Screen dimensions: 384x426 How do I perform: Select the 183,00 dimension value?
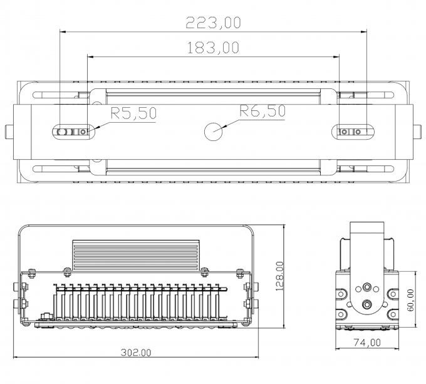point(214,47)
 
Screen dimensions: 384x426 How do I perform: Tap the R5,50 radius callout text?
point(133,113)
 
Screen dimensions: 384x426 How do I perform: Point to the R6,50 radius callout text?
point(262,112)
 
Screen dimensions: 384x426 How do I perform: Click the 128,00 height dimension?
point(280,276)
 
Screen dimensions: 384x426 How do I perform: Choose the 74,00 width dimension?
point(366,342)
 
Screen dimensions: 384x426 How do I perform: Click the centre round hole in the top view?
point(214,132)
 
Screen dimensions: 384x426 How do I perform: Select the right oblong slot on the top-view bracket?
point(351,132)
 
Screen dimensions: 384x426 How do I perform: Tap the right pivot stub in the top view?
point(418,132)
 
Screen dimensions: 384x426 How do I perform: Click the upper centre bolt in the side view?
point(366,288)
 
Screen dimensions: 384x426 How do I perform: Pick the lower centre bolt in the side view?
point(366,305)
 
